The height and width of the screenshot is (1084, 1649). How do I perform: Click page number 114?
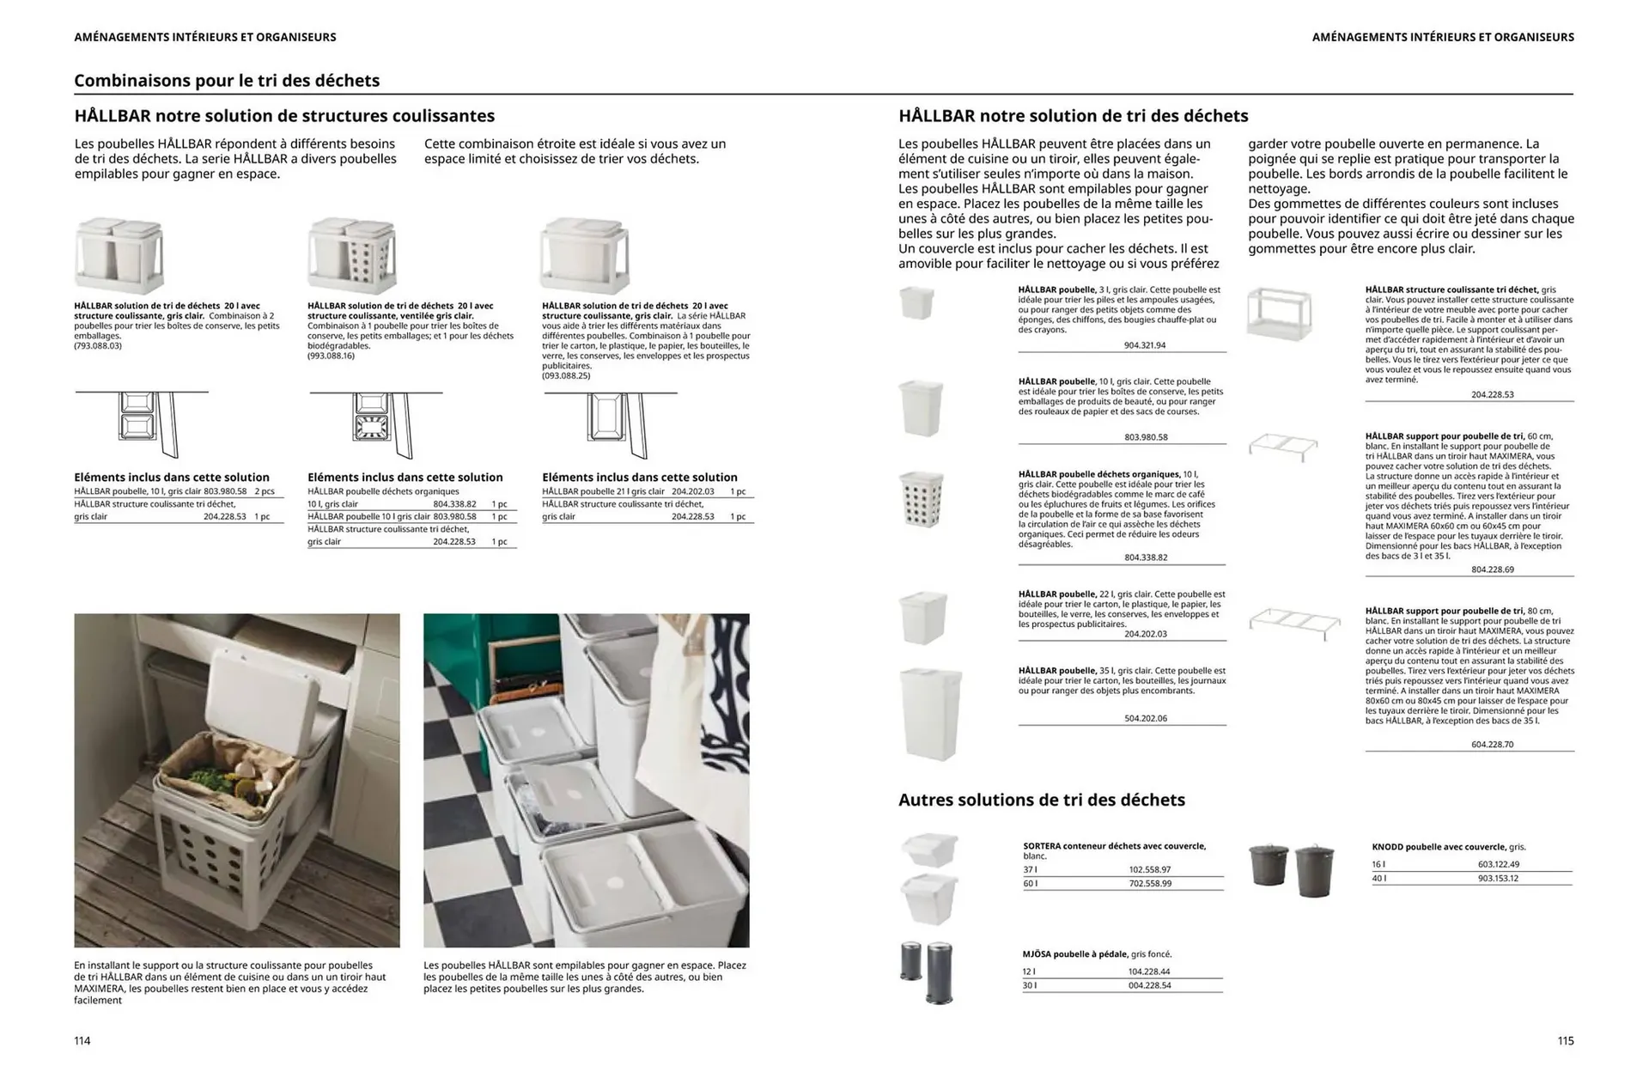pos(82,1040)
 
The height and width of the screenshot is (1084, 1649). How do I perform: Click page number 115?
pos(1565,1040)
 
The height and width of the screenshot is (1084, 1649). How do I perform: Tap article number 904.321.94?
pos(1144,345)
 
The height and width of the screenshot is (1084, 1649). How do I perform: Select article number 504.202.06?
pos(1145,718)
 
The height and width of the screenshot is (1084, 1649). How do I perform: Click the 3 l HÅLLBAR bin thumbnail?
pos(916,303)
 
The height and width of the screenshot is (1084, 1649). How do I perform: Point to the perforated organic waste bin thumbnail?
pos(922,499)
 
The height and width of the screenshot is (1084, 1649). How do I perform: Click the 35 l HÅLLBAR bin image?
pos(930,714)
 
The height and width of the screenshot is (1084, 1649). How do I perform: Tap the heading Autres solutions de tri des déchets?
pos(1041,800)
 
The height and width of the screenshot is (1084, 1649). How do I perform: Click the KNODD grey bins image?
pos(1291,868)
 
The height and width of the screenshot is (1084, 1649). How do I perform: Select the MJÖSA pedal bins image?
pos(927,972)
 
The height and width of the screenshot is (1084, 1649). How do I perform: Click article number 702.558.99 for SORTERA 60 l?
pos(1149,883)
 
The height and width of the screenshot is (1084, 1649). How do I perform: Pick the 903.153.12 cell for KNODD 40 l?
pos(1498,878)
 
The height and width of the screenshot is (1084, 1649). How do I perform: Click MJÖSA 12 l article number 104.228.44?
pos(1148,971)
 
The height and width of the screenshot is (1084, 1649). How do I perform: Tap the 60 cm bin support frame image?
pos(1282,447)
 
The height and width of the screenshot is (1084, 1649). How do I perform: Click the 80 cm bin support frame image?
pos(1293,622)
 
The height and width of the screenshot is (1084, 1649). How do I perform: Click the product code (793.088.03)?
pos(98,345)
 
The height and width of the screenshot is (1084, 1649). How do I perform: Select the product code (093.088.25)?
pos(565,375)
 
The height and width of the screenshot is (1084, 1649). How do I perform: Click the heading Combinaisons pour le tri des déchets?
pos(227,81)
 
